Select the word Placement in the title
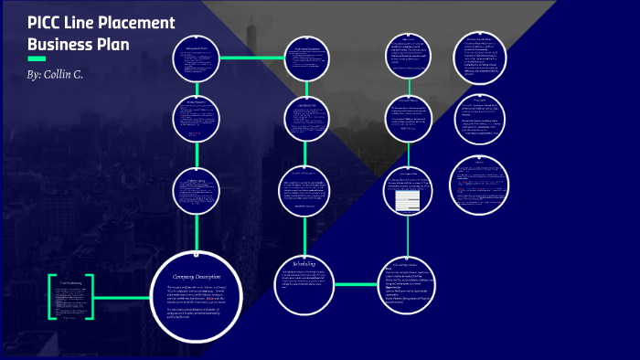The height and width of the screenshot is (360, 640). (x=137, y=24)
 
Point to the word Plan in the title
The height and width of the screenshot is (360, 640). (x=112, y=44)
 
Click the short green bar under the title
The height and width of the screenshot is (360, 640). (x=37, y=58)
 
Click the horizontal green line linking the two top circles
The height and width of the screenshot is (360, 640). (x=252, y=58)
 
